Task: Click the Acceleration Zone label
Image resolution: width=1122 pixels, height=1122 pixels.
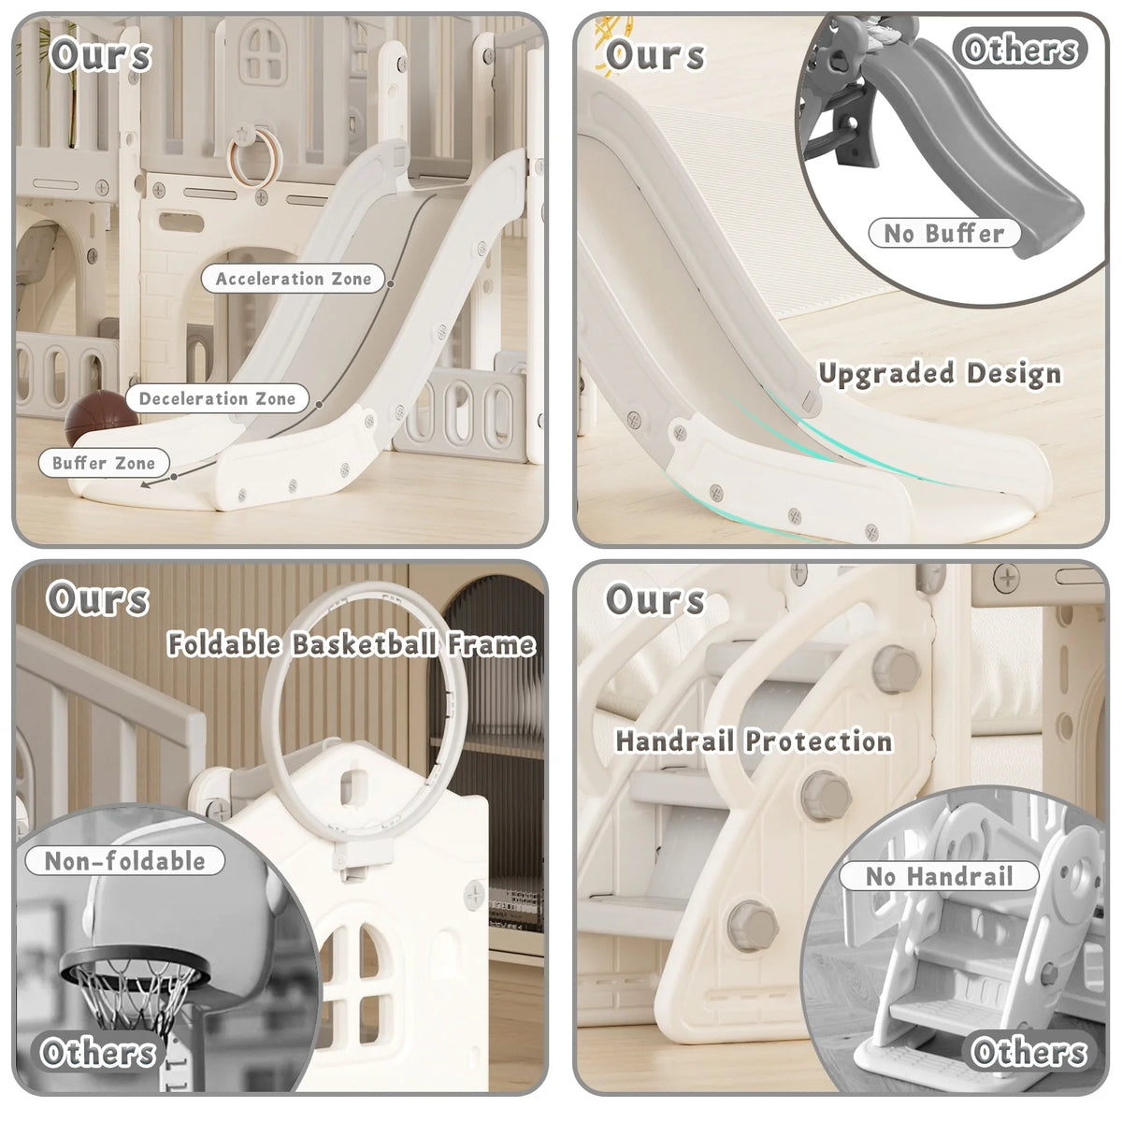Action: point(293,279)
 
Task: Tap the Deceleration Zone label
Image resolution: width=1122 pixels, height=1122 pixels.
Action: point(217,399)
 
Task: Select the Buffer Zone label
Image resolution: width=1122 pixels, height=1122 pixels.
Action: point(104,464)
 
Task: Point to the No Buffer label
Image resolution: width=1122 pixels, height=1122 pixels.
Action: point(943,234)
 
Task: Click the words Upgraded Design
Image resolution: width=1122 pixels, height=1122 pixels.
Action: point(940,374)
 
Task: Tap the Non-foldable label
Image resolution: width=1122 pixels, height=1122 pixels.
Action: point(124,861)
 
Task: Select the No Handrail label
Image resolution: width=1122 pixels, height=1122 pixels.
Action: point(939,876)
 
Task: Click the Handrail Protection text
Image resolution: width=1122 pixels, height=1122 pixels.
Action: point(754,741)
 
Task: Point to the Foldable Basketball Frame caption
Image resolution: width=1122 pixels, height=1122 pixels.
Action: point(352,644)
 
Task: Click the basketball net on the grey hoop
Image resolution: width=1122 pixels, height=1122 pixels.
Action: point(134,996)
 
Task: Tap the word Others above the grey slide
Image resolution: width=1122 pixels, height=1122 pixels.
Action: point(1019,49)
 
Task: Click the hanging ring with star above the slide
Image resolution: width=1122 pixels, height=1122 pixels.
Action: point(255,151)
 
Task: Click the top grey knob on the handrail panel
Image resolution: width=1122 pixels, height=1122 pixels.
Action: point(897,669)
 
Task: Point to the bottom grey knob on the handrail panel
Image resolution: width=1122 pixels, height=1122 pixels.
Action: point(753,926)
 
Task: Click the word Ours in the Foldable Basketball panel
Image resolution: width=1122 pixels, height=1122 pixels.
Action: point(98,599)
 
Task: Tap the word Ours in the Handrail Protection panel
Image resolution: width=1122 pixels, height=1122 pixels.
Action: point(655,599)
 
